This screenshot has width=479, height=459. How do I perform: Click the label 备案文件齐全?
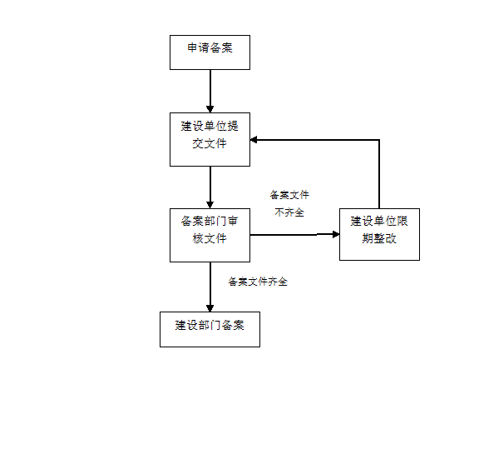click(x=258, y=282)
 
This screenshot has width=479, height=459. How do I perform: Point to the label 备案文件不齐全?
click(x=289, y=203)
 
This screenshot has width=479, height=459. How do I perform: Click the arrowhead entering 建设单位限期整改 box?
click(x=336, y=234)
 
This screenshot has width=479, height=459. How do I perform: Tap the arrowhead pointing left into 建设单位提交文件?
click(x=254, y=140)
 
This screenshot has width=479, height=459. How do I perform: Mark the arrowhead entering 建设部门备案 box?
click(x=210, y=308)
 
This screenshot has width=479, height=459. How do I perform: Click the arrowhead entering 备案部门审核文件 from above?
click(x=210, y=205)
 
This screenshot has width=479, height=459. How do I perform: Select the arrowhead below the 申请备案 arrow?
click(x=210, y=109)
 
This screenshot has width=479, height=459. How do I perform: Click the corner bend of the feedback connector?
click(x=379, y=140)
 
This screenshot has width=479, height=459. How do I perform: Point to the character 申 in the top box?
click(x=192, y=47)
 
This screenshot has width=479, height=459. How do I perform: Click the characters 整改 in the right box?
click(x=385, y=239)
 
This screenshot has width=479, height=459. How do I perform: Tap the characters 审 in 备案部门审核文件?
click(x=233, y=221)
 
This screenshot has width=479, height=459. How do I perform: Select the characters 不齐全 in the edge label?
click(x=289, y=212)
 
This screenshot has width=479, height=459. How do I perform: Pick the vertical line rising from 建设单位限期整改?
click(x=379, y=174)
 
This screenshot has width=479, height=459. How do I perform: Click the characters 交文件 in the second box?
click(x=210, y=143)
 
